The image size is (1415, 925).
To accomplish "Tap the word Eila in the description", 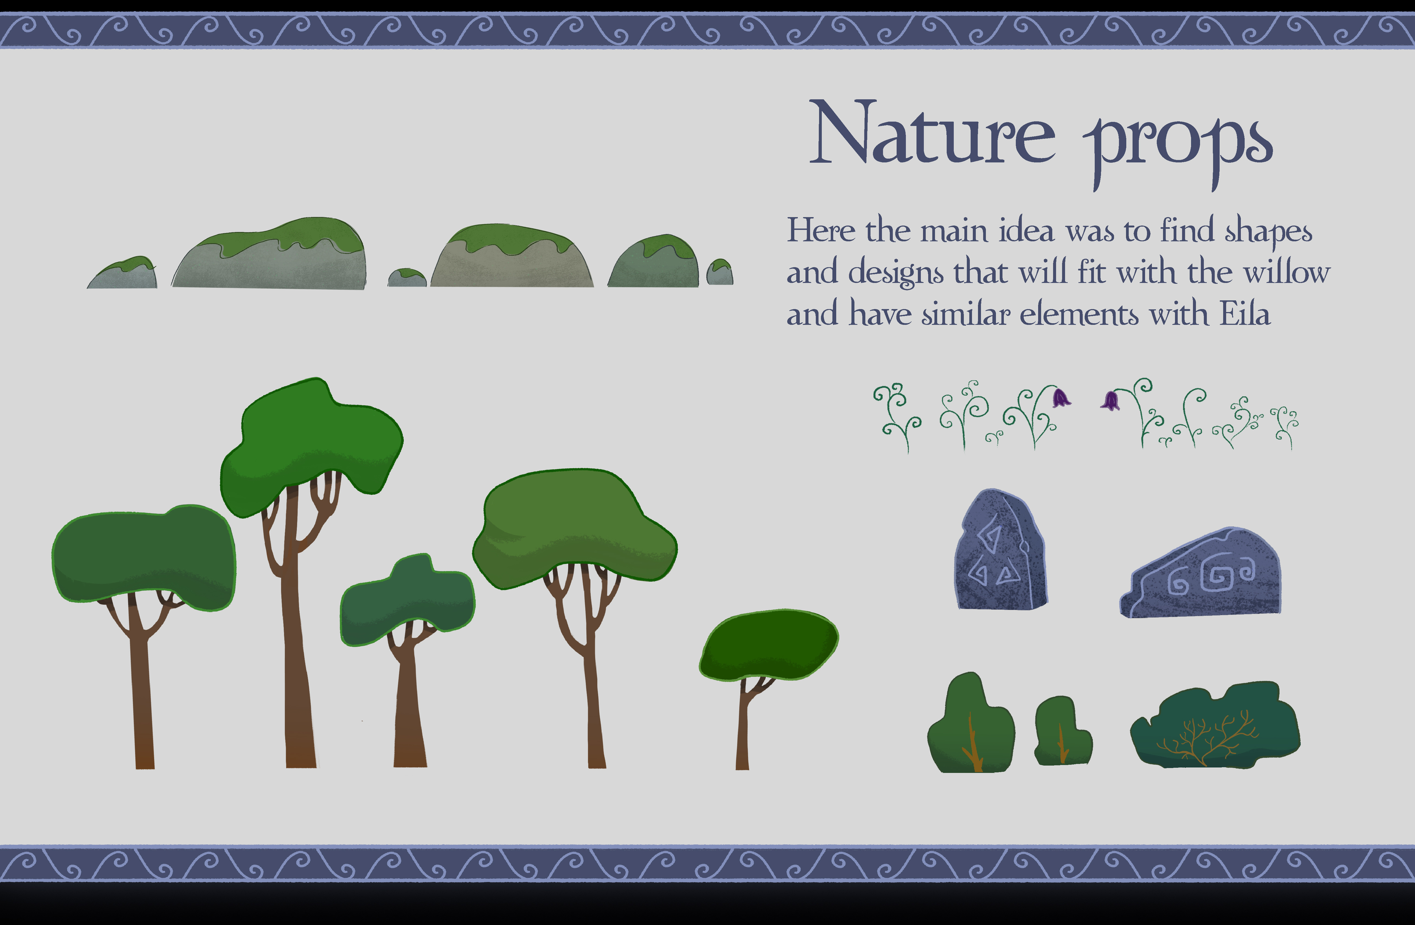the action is coord(1246,313).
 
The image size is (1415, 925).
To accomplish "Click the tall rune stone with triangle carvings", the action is coord(1000,550).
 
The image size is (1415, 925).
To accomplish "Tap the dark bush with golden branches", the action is coord(1215,725).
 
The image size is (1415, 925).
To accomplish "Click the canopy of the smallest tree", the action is coord(769,645).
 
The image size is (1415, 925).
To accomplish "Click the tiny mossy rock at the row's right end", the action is coord(719,272).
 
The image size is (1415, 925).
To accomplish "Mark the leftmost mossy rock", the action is coord(122,273).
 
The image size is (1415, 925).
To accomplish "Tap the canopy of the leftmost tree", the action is coord(144,557).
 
